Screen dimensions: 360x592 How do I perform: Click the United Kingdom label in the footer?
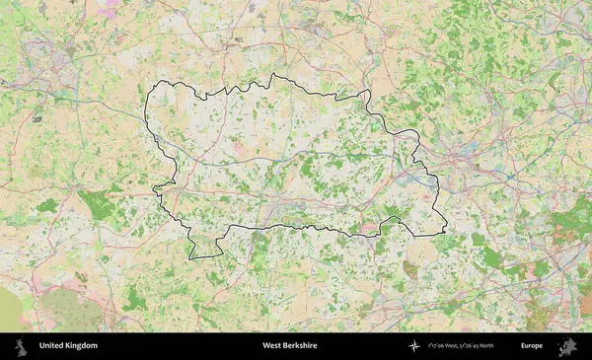point(68,346)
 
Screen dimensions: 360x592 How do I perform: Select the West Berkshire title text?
point(291,346)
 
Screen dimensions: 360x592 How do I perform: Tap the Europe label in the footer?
point(532,346)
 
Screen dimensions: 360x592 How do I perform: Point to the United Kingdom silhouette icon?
point(21,346)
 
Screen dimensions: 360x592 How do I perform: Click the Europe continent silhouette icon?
point(566,346)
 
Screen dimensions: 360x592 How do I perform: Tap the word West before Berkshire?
point(271,346)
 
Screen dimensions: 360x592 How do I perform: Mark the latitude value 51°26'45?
point(481,346)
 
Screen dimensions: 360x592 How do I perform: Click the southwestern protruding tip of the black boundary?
point(191,257)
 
